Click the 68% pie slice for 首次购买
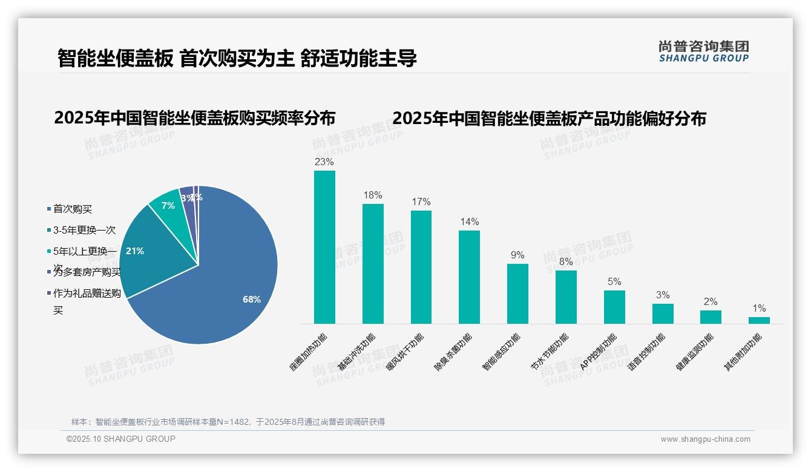coord(224,278)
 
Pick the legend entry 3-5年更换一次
coord(84,231)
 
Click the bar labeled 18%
coord(373,264)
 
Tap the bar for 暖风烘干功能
coord(421,267)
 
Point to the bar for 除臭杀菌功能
coord(469,277)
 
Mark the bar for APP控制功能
coord(614,307)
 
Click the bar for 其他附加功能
coord(759,320)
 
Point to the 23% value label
coord(324,162)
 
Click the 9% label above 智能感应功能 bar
coord(517,255)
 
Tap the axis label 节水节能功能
coord(549,352)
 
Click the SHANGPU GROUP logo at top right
coord(703,51)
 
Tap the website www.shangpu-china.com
coord(705,439)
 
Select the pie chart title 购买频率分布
coord(194,118)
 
